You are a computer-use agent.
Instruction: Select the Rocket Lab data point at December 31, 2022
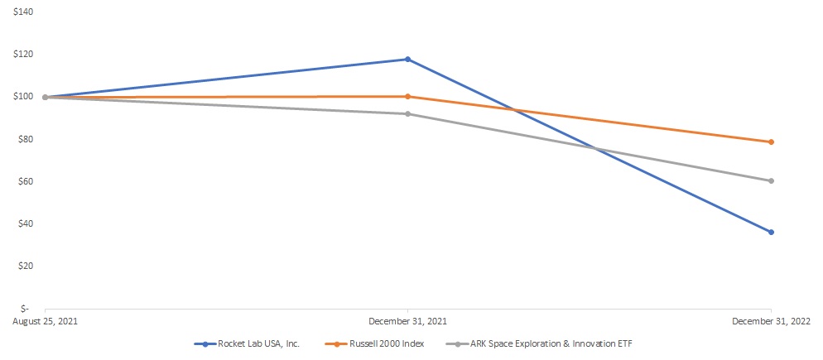[771, 233]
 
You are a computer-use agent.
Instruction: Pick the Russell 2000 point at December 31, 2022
[771, 142]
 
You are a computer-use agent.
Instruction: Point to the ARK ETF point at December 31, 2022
[771, 181]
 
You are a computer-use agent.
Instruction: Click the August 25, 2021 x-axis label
[45, 320]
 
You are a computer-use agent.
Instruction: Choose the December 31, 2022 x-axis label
[771, 320]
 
